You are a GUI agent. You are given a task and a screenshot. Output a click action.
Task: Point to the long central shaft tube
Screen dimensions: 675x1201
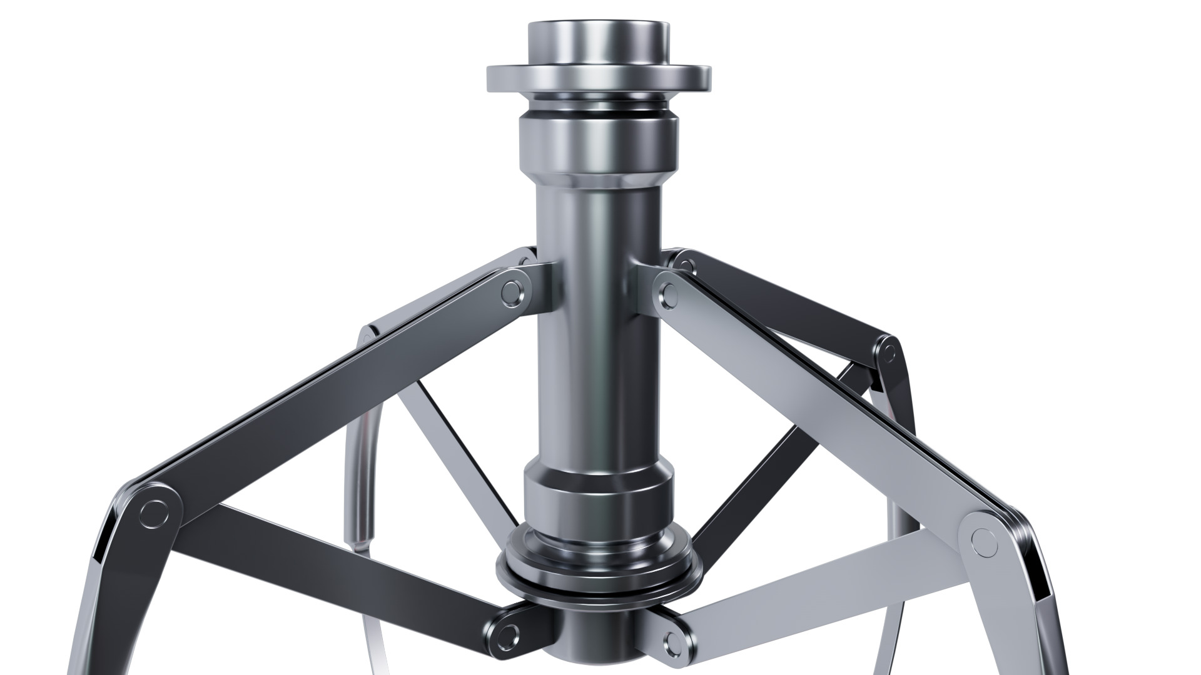click(599, 325)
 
